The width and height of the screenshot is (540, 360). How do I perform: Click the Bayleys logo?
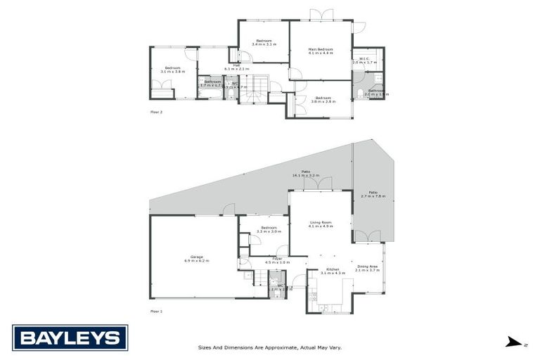point(70,337)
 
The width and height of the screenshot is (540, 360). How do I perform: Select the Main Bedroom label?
point(320,51)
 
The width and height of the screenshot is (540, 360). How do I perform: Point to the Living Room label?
point(320,224)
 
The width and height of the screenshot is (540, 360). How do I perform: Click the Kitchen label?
point(333,270)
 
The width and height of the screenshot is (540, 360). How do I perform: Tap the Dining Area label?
point(367,268)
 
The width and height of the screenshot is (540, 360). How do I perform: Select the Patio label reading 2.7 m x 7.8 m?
point(373,194)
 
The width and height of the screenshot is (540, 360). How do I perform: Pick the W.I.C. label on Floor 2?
point(364,60)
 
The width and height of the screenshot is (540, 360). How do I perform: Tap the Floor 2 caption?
point(156,111)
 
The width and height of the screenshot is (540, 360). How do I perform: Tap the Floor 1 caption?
point(156,310)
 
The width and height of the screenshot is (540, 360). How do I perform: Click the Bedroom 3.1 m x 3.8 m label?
point(172,70)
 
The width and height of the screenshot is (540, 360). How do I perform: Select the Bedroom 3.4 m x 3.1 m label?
point(264,42)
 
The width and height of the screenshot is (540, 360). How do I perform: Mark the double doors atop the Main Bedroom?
point(321,15)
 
